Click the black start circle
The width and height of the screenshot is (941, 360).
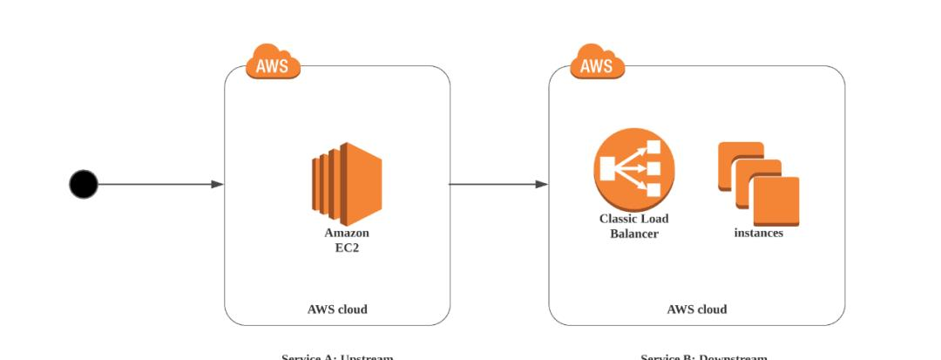coord(84,184)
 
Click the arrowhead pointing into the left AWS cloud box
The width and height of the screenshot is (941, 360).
coord(217,184)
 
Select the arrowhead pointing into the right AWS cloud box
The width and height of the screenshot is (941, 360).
coord(541,184)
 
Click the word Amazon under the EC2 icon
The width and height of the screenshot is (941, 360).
coord(347,233)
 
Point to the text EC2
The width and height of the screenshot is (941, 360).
coord(347,248)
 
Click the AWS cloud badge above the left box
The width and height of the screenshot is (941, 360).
coord(273,63)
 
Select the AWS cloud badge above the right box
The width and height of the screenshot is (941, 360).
coord(597,63)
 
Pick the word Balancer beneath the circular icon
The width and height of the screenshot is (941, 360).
coord(633,234)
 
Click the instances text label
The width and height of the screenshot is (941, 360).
coord(758,233)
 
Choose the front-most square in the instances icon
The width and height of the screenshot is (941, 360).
coord(775,200)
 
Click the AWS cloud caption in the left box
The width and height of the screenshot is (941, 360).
coord(337,309)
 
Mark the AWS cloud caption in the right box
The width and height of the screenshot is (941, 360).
coord(696,309)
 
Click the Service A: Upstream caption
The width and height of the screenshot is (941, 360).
coord(337,357)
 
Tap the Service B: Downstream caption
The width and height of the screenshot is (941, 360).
coord(704,357)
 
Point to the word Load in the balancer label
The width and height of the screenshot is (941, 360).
coord(654,219)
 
